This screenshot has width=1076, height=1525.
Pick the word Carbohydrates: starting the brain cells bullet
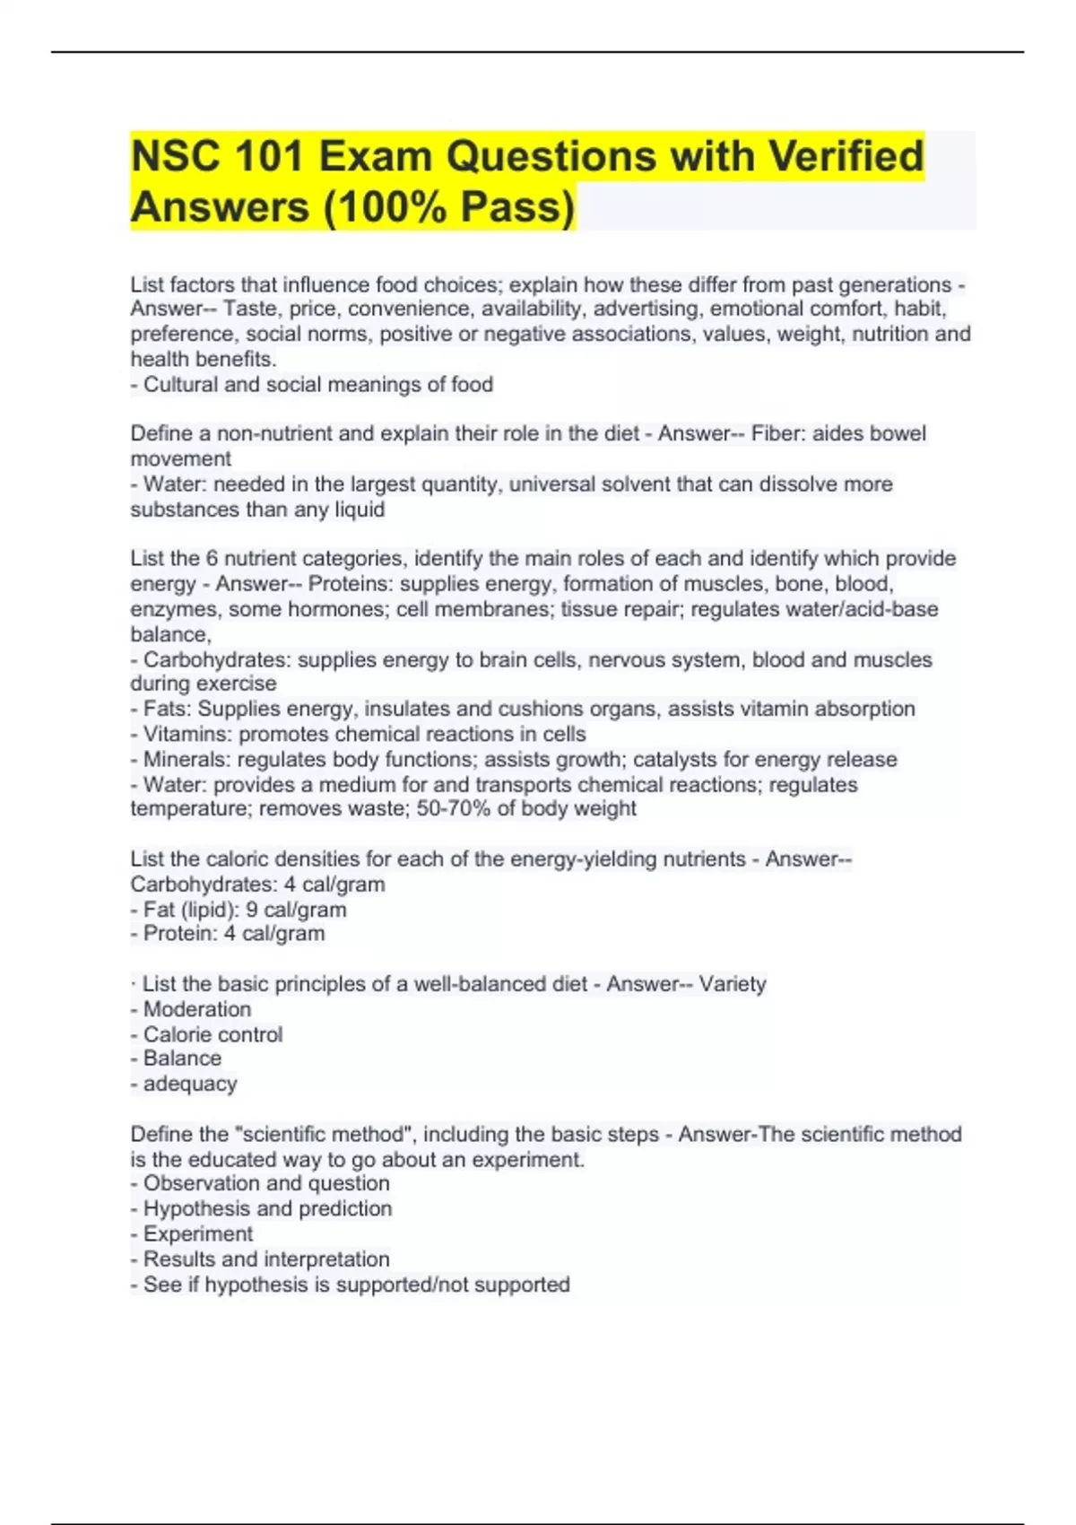(x=217, y=660)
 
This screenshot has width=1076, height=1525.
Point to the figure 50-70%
(x=450, y=809)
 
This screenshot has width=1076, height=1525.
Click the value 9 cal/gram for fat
(x=296, y=910)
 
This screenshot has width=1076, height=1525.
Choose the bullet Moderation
(x=196, y=1009)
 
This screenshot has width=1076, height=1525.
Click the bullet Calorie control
(x=213, y=1034)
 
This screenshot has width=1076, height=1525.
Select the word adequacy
(x=190, y=1084)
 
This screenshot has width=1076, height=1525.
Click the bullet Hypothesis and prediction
(x=267, y=1209)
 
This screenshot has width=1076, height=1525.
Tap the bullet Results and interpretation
(x=266, y=1259)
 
